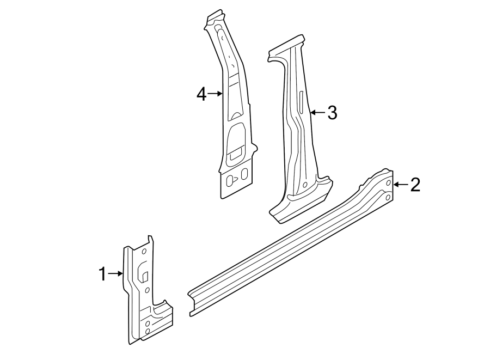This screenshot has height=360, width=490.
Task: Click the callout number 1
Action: click(x=102, y=274)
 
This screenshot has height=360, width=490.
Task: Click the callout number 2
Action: click(x=415, y=185)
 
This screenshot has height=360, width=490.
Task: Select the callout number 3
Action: click(x=332, y=113)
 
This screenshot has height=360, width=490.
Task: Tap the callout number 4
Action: click(x=201, y=94)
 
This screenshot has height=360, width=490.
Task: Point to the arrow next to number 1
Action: click(x=116, y=274)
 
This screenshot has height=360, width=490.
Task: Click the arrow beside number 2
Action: click(x=400, y=185)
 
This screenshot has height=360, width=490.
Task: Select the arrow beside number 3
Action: click(x=317, y=113)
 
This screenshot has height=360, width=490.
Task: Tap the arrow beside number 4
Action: click(x=216, y=94)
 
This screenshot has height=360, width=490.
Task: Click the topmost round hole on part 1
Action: click(x=144, y=251)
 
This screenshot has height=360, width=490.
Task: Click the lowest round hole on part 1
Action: click(x=148, y=332)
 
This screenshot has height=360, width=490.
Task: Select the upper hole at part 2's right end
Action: click(x=388, y=184)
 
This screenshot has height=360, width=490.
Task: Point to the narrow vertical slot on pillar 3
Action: click(x=300, y=102)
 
